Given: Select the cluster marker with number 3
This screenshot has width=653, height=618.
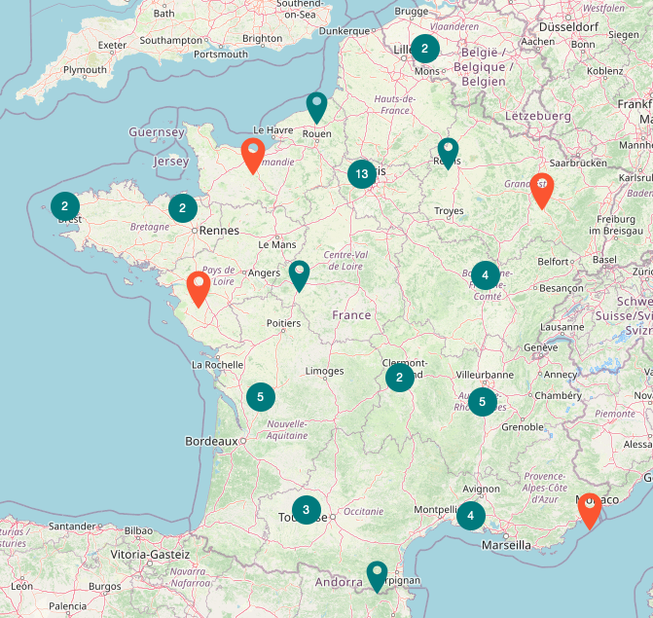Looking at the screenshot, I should point(307,509).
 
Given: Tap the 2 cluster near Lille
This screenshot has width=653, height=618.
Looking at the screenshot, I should point(424,49).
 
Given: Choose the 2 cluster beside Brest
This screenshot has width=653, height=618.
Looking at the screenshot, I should point(65,206).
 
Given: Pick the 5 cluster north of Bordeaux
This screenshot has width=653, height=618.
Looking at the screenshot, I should point(260,397).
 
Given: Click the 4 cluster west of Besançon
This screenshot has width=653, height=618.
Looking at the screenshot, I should point(485,275).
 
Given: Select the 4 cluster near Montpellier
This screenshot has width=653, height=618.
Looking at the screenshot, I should point(471,515).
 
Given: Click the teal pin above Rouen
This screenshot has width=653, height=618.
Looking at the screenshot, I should point(316,106).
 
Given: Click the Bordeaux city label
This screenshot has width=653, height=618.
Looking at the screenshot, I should point(211,441).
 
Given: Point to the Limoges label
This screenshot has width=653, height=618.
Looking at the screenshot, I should point(324,371).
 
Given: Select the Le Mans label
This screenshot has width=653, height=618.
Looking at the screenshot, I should point(276,245).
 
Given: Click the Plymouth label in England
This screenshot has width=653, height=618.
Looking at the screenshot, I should point(85,70).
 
